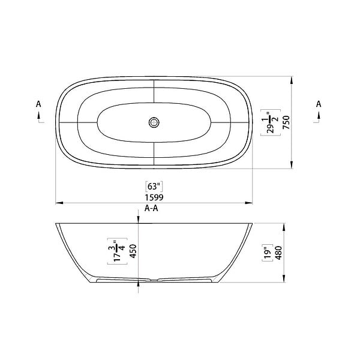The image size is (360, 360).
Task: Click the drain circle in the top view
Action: [154, 122]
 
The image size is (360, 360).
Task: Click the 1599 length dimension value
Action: [154, 197]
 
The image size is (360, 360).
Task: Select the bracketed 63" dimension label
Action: [154, 187]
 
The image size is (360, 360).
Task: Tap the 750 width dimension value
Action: [287, 122]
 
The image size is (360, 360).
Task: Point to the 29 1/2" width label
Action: [271, 122]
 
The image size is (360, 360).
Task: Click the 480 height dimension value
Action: [278, 253]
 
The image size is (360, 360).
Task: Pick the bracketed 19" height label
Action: [268, 253]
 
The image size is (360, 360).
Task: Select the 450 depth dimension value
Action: [133, 251]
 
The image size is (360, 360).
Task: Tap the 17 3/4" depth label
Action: [118, 251]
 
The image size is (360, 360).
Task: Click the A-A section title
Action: [151, 208]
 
